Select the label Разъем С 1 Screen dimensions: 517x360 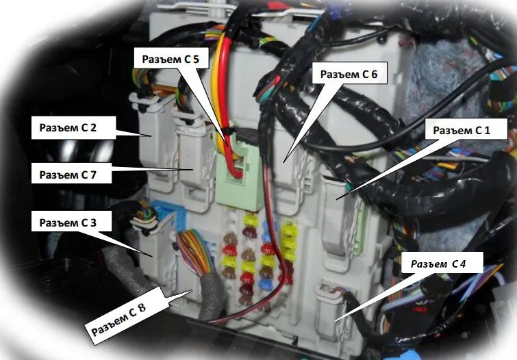(x=457, y=129)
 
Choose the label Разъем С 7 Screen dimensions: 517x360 (x=66, y=175)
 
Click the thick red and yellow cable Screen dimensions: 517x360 (x=221, y=82)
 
